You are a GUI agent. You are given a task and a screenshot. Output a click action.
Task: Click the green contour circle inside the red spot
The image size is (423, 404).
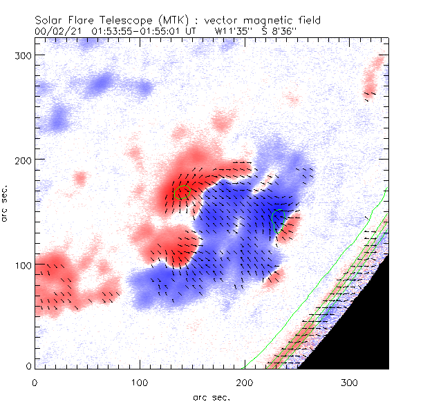pos(181,191)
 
